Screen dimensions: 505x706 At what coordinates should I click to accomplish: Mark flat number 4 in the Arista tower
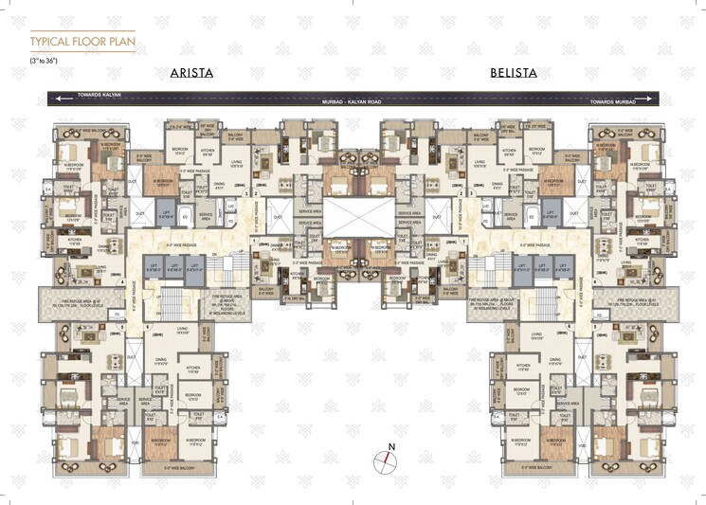122,284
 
